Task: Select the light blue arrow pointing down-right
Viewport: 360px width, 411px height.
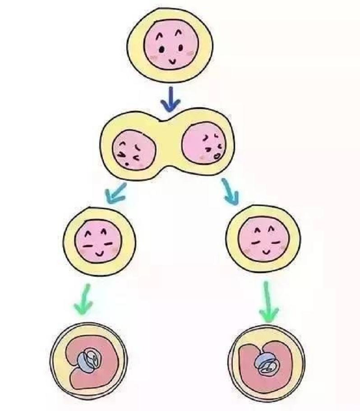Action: (230, 189)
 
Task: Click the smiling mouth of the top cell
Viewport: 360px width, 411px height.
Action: (172, 60)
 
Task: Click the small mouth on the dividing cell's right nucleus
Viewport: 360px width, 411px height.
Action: (217, 156)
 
